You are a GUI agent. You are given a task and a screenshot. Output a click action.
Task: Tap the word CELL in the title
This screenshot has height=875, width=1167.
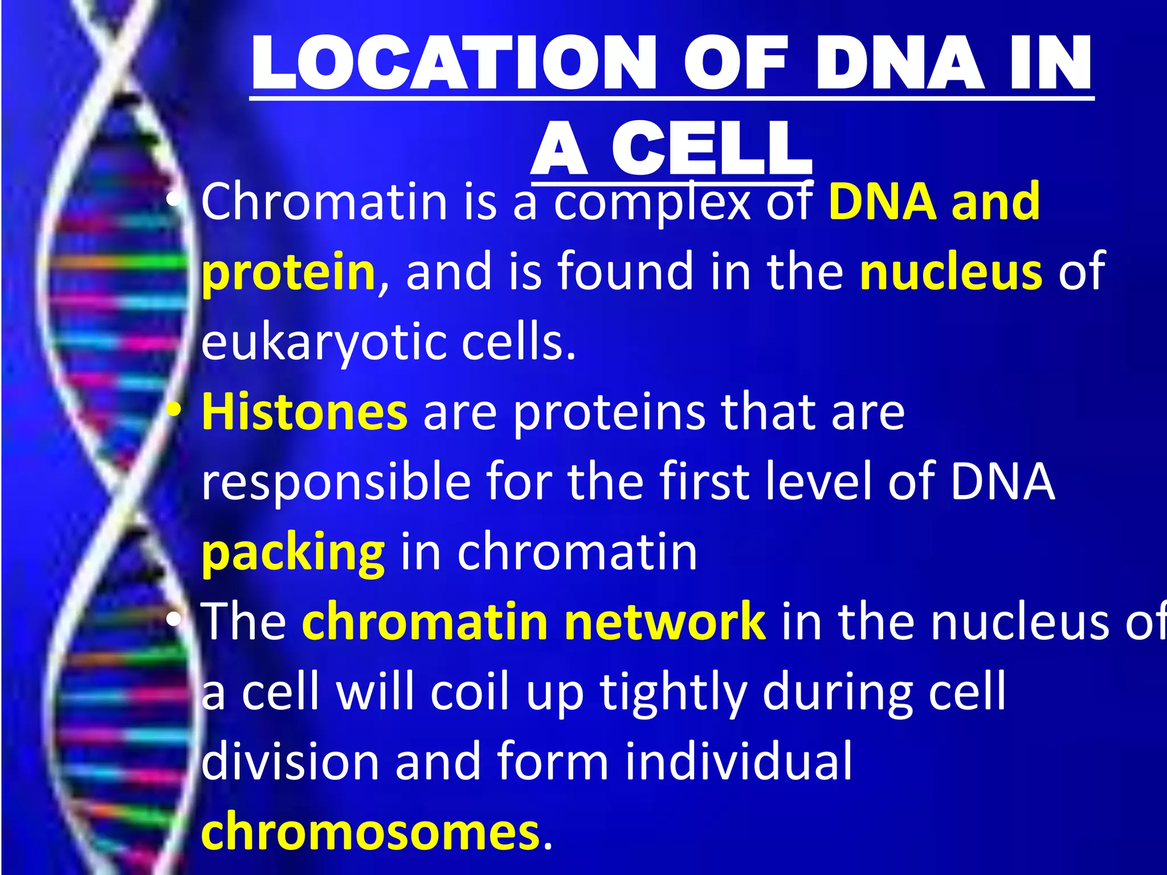tap(712, 149)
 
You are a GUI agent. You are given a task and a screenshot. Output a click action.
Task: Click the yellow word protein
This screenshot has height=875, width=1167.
tap(288, 272)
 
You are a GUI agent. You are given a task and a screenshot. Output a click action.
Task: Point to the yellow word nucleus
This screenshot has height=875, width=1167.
tap(951, 272)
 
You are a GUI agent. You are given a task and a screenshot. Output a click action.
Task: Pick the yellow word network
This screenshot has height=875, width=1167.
tap(664, 622)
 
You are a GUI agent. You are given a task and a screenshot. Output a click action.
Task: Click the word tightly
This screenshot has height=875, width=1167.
tap(673, 693)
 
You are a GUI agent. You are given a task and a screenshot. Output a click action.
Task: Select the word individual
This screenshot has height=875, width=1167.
tap(738, 762)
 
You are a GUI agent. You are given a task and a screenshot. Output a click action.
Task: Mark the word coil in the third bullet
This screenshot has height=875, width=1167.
tap(470, 693)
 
